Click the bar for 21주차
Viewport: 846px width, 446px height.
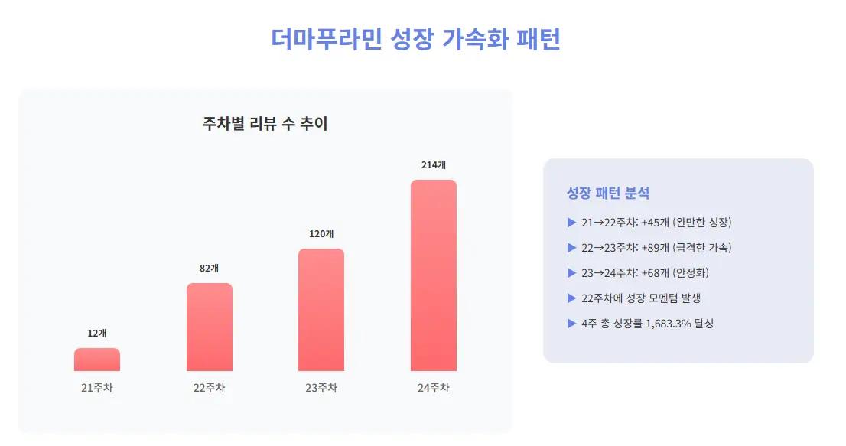(x=97, y=360)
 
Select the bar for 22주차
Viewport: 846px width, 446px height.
(x=210, y=327)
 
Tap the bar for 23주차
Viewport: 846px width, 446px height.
(x=321, y=310)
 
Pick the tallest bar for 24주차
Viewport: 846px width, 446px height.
(x=434, y=275)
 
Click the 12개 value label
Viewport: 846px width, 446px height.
(x=97, y=333)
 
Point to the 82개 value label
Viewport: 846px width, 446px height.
(x=210, y=268)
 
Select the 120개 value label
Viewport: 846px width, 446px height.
(x=321, y=233)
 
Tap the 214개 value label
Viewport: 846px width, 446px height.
(x=434, y=164)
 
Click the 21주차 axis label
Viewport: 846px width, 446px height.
(x=97, y=388)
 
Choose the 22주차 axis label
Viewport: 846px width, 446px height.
(x=210, y=388)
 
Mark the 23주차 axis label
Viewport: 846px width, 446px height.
(x=321, y=388)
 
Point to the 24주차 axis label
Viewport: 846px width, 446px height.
(x=434, y=388)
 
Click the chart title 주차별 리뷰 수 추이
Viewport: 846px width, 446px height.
(x=265, y=123)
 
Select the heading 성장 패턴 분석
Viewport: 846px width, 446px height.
(x=608, y=193)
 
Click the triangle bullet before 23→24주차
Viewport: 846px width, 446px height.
(x=571, y=272)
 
